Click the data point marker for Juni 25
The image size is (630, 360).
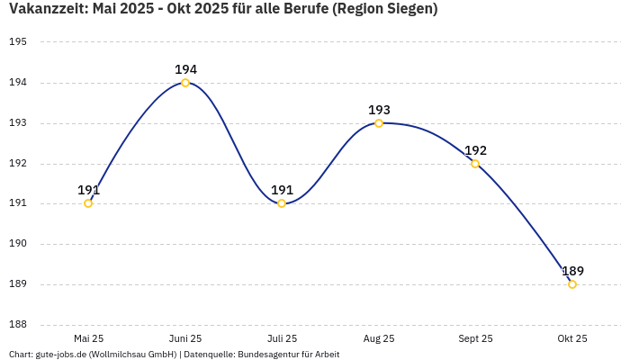coord(185,83)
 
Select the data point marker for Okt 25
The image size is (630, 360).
coord(572,284)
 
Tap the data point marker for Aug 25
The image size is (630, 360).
coord(379,123)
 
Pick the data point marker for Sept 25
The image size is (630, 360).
coord(475,164)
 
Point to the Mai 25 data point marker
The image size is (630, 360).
coord(88,203)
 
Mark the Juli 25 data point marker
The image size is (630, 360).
coord(282,203)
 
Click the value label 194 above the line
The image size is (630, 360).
coord(185,69)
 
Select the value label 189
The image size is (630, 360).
coord(572,271)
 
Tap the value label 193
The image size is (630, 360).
coord(379,110)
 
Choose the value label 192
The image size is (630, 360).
coord(475,150)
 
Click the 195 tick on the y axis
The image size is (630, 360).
coord(18,42)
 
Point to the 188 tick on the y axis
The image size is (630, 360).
coord(18,325)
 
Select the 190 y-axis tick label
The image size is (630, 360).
coord(18,244)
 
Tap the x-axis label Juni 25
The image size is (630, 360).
coord(185,338)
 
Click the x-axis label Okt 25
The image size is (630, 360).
coord(572,338)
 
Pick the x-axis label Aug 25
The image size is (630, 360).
coord(379,338)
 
